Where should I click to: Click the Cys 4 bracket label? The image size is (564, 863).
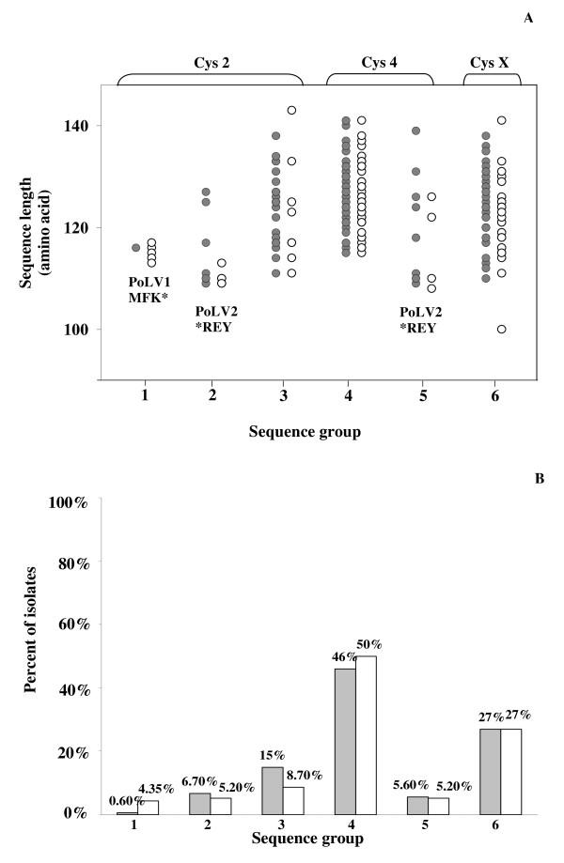tap(380, 63)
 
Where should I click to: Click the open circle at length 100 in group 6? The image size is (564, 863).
tap(502, 329)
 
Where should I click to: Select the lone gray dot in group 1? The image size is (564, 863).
tap(136, 248)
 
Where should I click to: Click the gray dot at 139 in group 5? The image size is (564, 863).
tap(415, 131)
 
